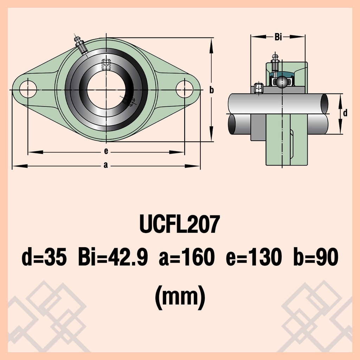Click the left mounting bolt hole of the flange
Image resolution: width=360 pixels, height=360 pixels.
click(28, 89)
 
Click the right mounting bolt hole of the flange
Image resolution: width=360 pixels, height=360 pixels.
click(184, 89)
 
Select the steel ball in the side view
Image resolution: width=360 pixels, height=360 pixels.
click(282, 82)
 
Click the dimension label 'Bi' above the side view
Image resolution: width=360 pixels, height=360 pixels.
click(278, 37)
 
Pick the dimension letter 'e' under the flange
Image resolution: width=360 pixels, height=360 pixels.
click(106, 151)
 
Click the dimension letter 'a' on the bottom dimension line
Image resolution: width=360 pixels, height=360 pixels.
click(105, 165)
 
